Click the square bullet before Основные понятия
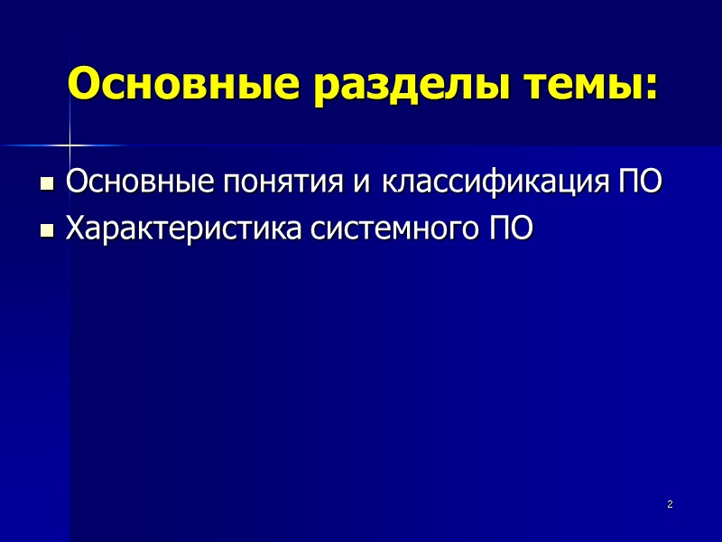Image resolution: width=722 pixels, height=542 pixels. tap(48, 186)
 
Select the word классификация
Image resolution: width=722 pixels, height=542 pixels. tap(495, 184)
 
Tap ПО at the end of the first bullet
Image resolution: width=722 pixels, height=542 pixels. tap(639, 183)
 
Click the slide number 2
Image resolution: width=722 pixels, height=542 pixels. tap(670, 504)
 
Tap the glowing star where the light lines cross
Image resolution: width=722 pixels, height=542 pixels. tap(69, 145)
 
